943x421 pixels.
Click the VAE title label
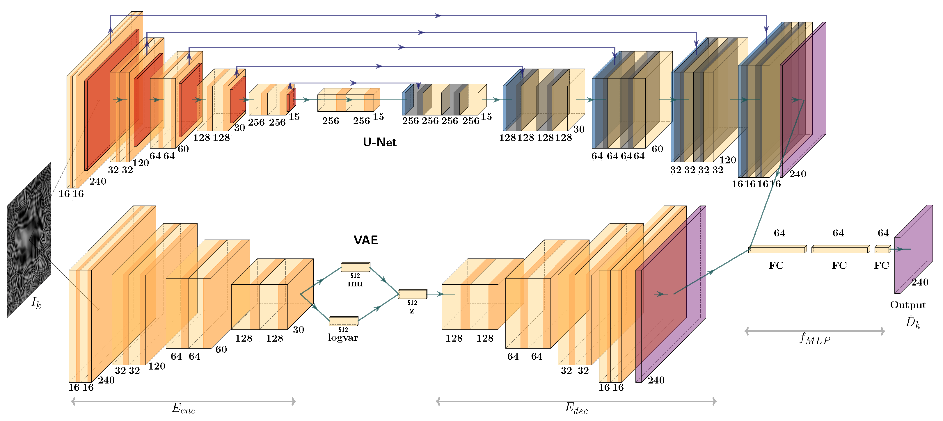pyautogui.click(x=365, y=240)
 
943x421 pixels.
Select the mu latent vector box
pyautogui.click(x=355, y=267)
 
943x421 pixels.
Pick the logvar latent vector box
pyautogui.click(x=343, y=321)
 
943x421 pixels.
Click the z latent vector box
pyautogui.click(x=412, y=294)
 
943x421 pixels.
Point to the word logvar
pyautogui.click(x=343, y=338)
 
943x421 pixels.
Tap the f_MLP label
pyautogui.click(x=814, y=338)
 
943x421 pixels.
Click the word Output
pyautogui.click(x=908, y=305)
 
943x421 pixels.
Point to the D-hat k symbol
pyautogui.click(x=913, y=322)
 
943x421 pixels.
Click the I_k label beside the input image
pyautogui.click(x=36, y=303)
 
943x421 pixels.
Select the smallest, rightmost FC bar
pyautogui.click(x=882, y=249)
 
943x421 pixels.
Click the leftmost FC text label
pyautogui.click(x=776, y=265)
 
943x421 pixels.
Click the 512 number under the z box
pyautogui.click(x=412, y=302)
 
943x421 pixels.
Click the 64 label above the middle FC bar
pyautogui.click(x=838, y=233)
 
